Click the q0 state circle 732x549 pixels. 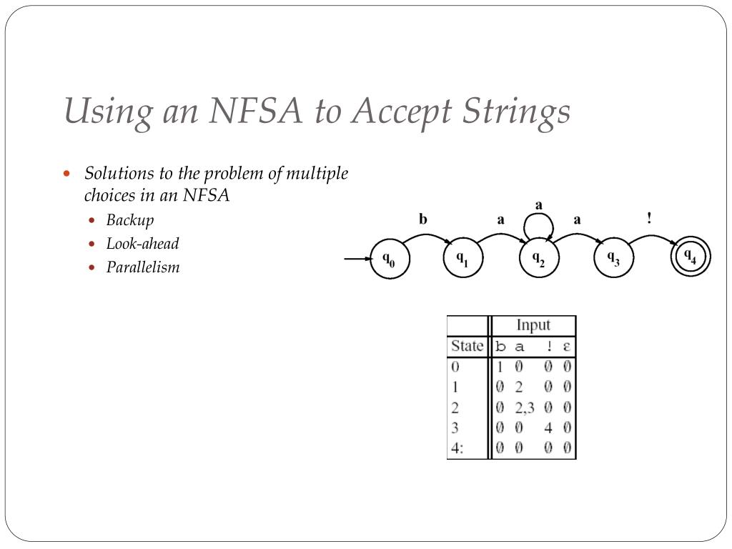point(389,259)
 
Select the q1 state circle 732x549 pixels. point(463,259)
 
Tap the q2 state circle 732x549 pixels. point(538,259)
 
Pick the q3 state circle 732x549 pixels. point(613,259)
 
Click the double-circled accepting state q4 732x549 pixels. point(691,258)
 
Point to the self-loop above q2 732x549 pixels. point(538,224)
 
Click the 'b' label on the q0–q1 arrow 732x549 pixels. point(423,219)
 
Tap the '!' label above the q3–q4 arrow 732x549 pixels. point(649,219)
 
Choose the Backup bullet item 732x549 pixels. point(130,219)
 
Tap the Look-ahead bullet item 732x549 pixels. point(142,243)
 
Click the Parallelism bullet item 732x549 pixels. point(143,267)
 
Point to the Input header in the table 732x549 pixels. point(533,325)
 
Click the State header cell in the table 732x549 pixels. point(467,346)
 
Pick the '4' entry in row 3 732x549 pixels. point(548,429)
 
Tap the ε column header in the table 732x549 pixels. point(566,347)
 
